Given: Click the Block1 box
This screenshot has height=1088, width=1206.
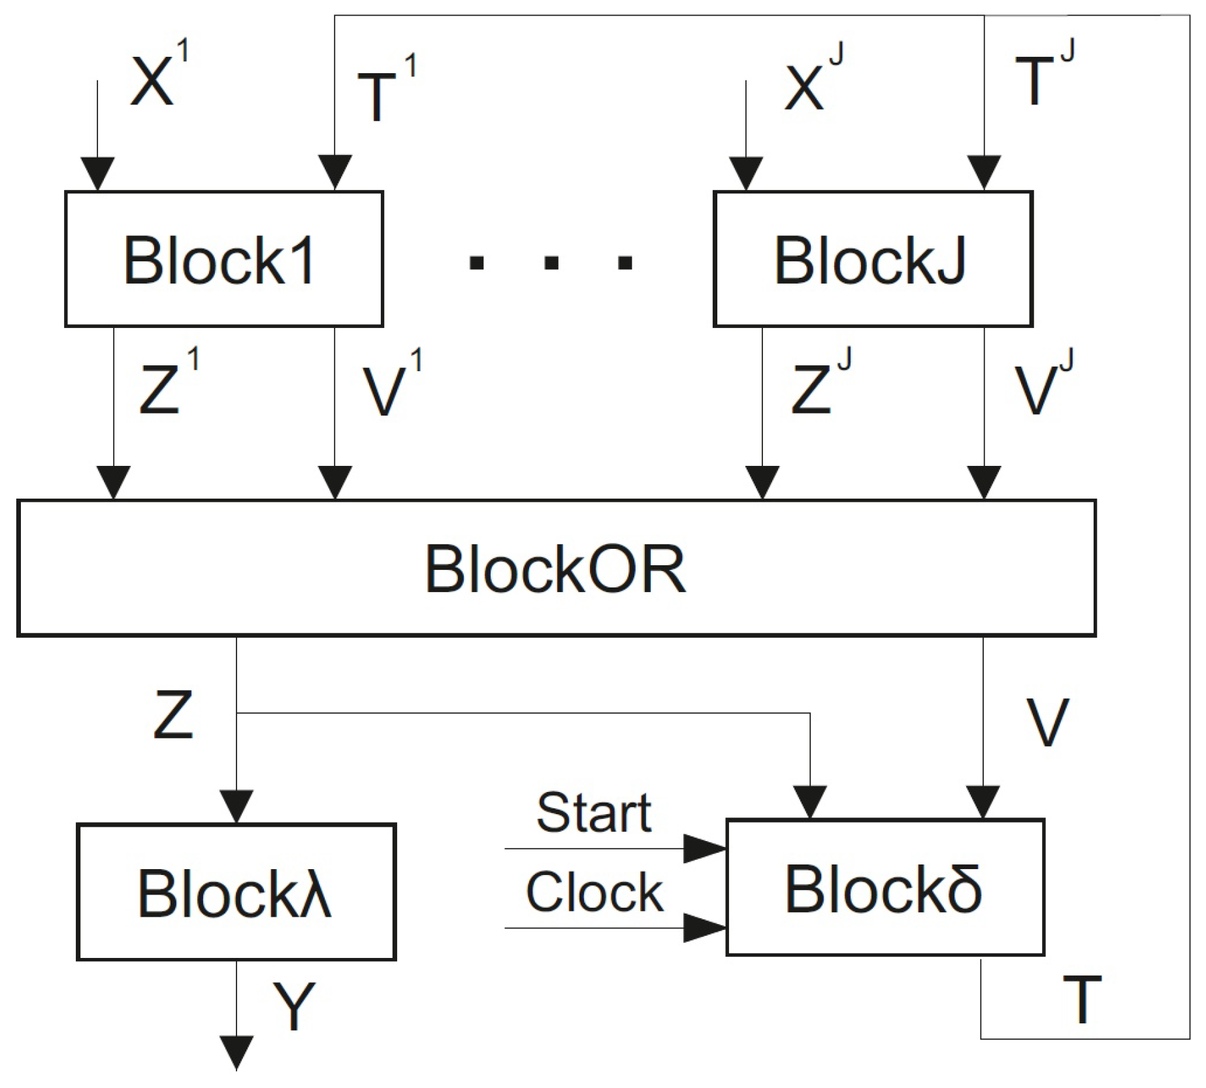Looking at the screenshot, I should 223,259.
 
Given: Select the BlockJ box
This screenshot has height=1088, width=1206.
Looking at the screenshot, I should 872,259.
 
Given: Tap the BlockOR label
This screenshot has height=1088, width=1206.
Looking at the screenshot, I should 555,569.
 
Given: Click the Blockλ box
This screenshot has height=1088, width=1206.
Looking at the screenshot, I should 236,892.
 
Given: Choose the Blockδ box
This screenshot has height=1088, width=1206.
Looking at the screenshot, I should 885,887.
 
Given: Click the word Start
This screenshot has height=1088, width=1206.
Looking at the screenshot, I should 593,814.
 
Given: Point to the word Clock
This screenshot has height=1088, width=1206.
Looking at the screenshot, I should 594,893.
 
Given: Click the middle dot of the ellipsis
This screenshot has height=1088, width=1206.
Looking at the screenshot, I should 551,263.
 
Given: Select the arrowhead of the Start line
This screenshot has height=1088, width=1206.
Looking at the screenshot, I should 704,849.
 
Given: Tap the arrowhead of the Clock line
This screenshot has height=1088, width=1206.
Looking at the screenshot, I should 704,928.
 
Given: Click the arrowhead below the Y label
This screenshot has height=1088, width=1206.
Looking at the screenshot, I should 236,1053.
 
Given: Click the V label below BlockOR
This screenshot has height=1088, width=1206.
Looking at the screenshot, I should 1047,723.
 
